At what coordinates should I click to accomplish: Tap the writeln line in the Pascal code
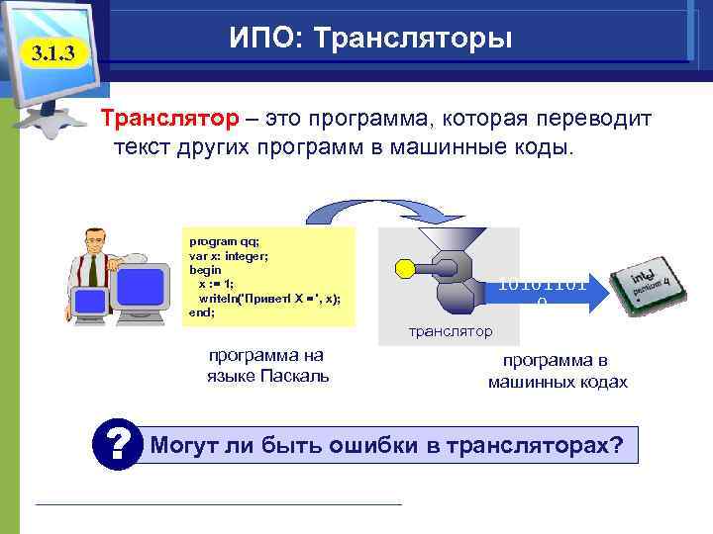click(267, 298)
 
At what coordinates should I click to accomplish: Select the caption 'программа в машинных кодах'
click(558, 371)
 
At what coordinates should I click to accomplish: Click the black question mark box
click(120, 444)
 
